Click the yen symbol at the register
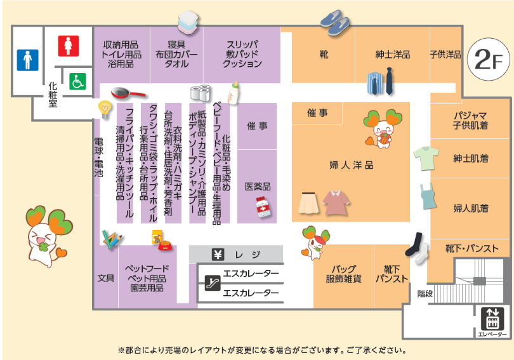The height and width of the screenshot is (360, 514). pyautogui.click(x=218, y=255)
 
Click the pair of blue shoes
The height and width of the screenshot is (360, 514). pyautogui.click(x=335, y=23)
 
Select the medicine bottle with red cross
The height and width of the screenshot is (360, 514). pyautogui.click(x=263, y=208)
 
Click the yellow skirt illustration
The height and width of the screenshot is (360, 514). pyautogui.click(x=309, y=203)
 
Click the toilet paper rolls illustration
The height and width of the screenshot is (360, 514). pyautogui.click(x=201, y=93)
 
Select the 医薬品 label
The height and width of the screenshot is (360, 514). pyautogui.click(x=258, y=187)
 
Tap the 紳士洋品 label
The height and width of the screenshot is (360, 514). pyautogui.click(x=392, y=55)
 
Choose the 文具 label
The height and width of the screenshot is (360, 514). pyautogui.click(x=105, y=277)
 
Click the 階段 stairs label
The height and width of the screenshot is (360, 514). pyautogui.click(x=425, y=293)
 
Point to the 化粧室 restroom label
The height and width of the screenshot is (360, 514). pyautogui.click(x=53, y=95)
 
